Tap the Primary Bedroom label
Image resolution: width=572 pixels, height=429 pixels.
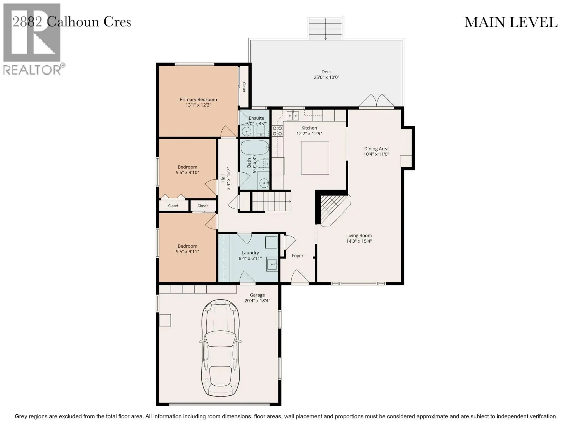click(x=198, y=99)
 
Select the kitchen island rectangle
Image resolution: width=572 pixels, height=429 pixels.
click(x=315, y=158)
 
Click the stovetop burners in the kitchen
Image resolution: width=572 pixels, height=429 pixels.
click(x=277, y=131)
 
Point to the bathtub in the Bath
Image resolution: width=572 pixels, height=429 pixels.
click(x=254, y=147)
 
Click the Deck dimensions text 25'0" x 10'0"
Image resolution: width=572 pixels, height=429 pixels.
click(x=326, y=77)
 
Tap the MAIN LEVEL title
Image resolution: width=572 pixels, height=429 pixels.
click(x=511, y=22)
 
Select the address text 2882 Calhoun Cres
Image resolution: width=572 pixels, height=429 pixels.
click(x=72, y=22)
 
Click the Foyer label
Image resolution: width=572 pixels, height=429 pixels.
click(x=297, y=256)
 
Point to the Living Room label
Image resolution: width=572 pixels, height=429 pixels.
click(x=359, y=236)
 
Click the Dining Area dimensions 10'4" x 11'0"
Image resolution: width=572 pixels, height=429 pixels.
click(x=376, y=154)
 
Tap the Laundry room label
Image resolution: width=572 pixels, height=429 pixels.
click(x=250, y=253)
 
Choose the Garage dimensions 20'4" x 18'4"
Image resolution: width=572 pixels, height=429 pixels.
click(x=257, y=301)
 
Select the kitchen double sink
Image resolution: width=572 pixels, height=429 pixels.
click(x=293, y=115)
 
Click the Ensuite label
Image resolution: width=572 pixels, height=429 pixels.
click(x=256, y=118)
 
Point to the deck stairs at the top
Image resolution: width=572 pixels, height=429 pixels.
click(x=325, y=29)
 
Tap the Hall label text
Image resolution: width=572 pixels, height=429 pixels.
click(x=223, y=178)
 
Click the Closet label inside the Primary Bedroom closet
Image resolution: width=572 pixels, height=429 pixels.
click(x=244, y=87)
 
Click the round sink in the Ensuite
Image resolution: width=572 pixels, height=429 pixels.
click(x=246, y=132)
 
